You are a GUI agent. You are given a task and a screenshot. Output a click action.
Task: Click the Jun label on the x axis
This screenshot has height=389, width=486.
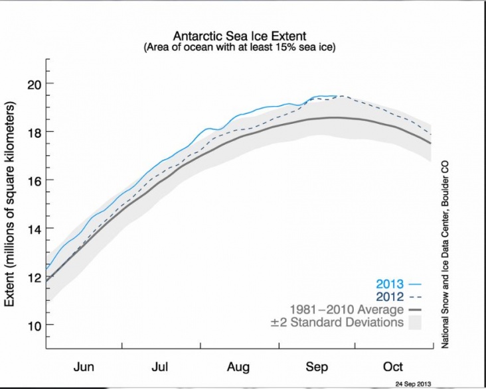(84, 366)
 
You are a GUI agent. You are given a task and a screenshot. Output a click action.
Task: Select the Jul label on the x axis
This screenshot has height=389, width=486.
(161, 366)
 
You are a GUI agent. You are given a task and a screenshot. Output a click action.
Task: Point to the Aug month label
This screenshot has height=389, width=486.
(238, 366)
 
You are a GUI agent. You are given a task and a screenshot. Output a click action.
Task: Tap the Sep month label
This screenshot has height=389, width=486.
(316, 366)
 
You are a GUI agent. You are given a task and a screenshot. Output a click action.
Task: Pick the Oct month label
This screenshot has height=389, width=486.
(392, 366)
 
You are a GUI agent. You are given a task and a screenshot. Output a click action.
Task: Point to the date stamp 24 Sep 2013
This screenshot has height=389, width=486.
(414, 383)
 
